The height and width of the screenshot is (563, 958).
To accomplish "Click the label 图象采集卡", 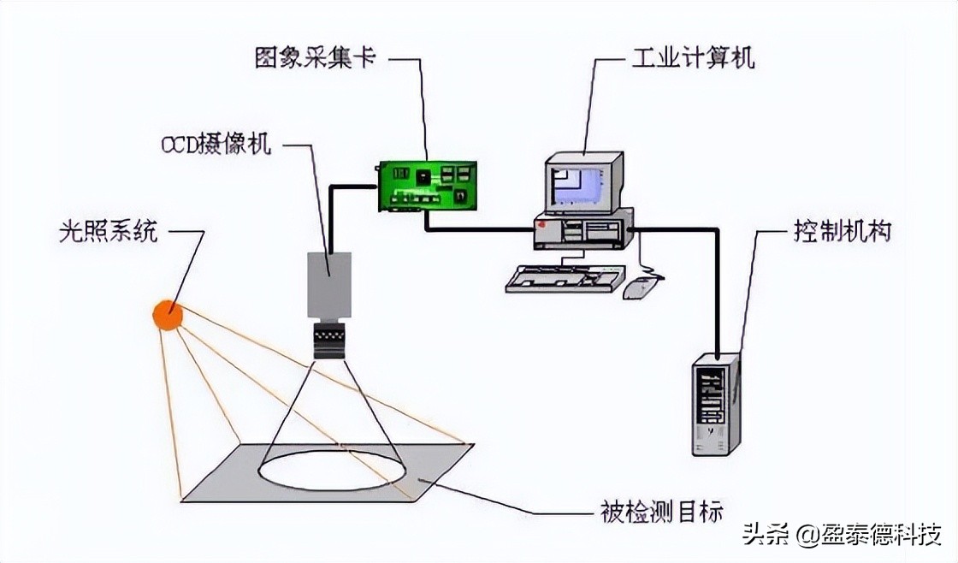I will [x=315, y=58].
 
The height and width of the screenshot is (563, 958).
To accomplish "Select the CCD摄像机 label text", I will [x=216, y=144].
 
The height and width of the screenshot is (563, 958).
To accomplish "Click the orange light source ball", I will [x=168, y=315].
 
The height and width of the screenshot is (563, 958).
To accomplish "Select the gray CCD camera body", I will [x=329, y=285].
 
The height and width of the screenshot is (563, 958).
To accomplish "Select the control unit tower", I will [x=715, y=404].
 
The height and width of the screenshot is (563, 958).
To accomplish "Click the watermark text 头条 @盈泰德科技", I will [x=843, y=535].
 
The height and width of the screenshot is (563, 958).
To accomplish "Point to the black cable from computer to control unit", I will [x=715, y=274].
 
